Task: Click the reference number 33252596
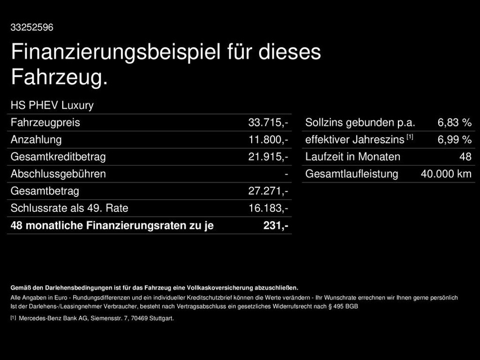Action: coord(32,28)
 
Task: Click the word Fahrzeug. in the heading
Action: coord(59,77)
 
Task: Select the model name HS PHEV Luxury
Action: coord(52,105)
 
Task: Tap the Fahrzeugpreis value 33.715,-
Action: coord(268,123)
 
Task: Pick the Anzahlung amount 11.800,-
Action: coord(268,140)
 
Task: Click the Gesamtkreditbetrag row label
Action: coord(58,157)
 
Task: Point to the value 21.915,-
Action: coord(268,157)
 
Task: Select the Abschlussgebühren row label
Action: coord(58,174)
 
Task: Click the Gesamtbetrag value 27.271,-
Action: coord(268,191)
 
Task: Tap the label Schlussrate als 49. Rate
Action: coord(69,208)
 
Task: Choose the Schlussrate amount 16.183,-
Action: coord(268,208)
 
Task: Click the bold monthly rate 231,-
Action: coord(276,225)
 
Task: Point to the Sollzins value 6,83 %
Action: coord(454,123)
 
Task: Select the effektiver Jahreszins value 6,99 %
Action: coord(454,140)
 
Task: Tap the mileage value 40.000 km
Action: coord(446,174)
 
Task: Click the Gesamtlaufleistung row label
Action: coord(352,174)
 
